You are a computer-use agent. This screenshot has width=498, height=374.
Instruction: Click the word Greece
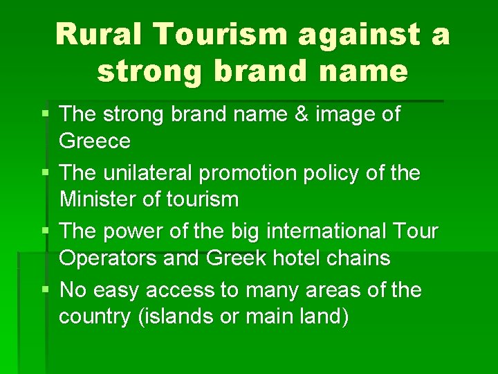[x=95, y=141]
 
